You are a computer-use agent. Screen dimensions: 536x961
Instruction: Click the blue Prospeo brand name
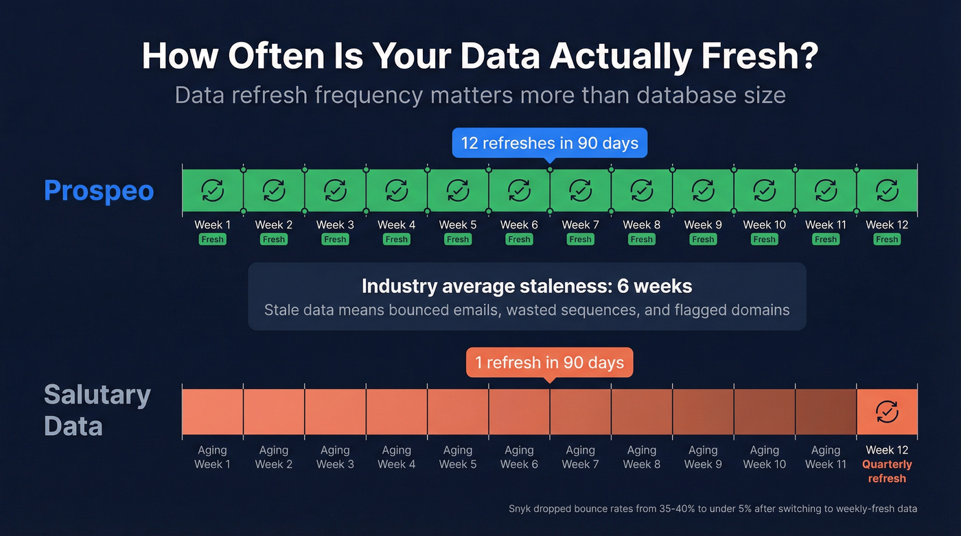point(99,191)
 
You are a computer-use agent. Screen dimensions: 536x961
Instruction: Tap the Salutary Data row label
point(97,410)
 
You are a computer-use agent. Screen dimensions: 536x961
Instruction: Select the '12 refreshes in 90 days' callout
point(549,143)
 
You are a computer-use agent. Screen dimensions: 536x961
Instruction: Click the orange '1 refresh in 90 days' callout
point(549,362)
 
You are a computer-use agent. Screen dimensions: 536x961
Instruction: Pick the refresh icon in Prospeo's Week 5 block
point(458,190)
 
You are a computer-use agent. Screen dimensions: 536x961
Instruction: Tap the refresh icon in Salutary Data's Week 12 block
point(887,412)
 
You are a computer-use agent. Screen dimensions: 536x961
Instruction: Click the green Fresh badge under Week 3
point(335,240)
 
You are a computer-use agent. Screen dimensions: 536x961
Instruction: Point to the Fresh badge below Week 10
point(764,240)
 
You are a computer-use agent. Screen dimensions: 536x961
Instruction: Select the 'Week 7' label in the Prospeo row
point(580,224)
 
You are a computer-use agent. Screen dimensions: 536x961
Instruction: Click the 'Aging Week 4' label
point(396,457)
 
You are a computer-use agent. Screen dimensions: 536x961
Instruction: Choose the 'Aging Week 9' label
point(703,457)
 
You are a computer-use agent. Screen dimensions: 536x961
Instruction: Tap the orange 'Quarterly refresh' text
point(887,471)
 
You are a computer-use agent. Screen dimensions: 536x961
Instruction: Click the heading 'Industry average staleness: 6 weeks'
point(526,286)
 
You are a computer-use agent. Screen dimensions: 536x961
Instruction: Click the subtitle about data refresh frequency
point(480,95)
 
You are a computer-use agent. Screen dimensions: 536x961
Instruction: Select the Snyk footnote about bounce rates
point(713,509)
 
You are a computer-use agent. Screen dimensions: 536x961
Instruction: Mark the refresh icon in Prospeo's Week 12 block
point(887,190)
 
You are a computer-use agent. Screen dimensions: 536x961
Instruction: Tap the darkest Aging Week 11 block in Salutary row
point(826,412)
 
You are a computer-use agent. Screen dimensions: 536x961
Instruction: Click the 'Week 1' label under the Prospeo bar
point(212,224)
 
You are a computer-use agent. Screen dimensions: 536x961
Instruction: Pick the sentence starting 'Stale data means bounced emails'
point(526,310)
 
